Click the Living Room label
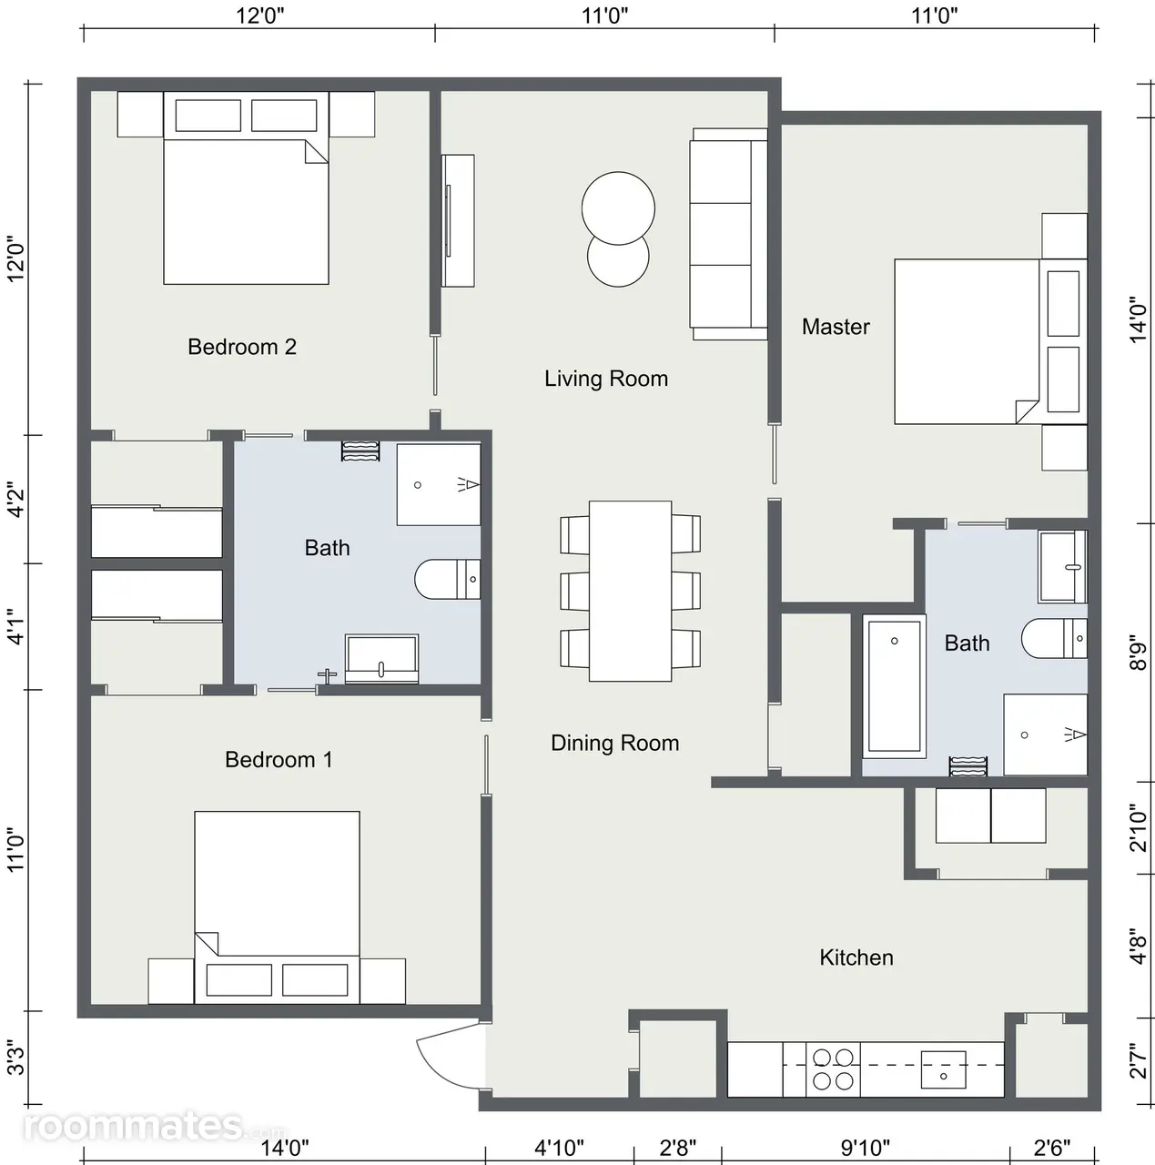coord(606,379)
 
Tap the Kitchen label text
coord(856,957)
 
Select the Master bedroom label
coord(836,327)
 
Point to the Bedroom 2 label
coord(242,347)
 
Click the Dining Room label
coord(615,743)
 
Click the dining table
coord(630,591)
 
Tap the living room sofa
coord(729,234)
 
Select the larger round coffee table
coord(618,208)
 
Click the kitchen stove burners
coord(833,1069)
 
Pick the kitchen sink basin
coord(943,1069)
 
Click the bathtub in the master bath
coord(895,686)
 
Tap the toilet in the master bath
coord(1054,638)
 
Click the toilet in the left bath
coord(448,579)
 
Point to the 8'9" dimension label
coord(1138,653)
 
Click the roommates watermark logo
coord(154,1126)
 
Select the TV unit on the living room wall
coord(458,220)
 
